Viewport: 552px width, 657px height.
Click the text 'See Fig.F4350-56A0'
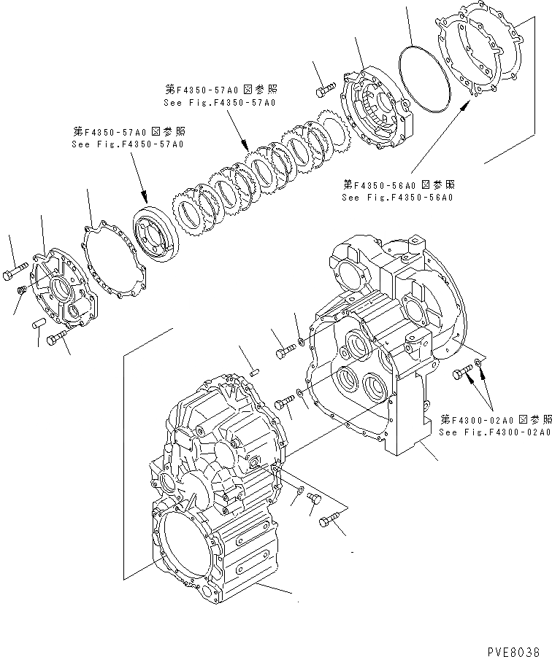(397, 198)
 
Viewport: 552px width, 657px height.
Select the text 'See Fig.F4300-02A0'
(494, 432)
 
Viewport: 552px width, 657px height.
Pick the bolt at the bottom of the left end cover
(56, 338)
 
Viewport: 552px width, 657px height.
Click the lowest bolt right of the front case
(329, 521)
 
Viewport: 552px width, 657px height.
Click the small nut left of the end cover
(23, 291)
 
